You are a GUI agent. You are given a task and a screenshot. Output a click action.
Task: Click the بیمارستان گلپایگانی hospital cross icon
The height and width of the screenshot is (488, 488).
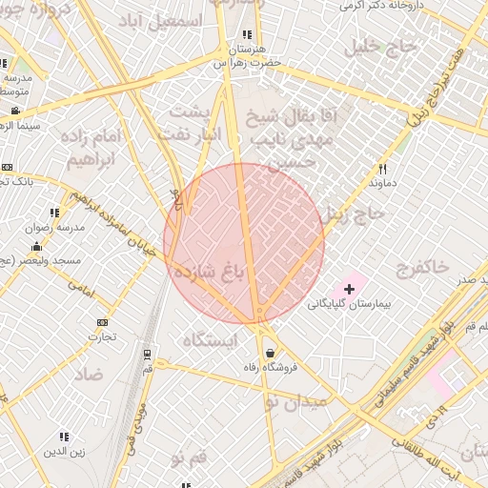point(349,288)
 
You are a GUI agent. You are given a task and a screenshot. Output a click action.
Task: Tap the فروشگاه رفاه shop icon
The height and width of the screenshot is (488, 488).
point(270,352)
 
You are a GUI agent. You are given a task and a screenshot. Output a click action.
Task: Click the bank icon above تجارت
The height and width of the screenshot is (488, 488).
point(102,322)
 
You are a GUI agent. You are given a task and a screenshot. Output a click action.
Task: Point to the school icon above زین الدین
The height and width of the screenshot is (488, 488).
point(64,437)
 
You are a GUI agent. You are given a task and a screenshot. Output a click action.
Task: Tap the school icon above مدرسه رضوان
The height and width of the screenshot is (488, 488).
point(52,213)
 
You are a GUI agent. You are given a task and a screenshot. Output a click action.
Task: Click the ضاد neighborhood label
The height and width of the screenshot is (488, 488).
point(91,374)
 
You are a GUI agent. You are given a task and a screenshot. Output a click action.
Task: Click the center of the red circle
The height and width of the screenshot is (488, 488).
point(244,243)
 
